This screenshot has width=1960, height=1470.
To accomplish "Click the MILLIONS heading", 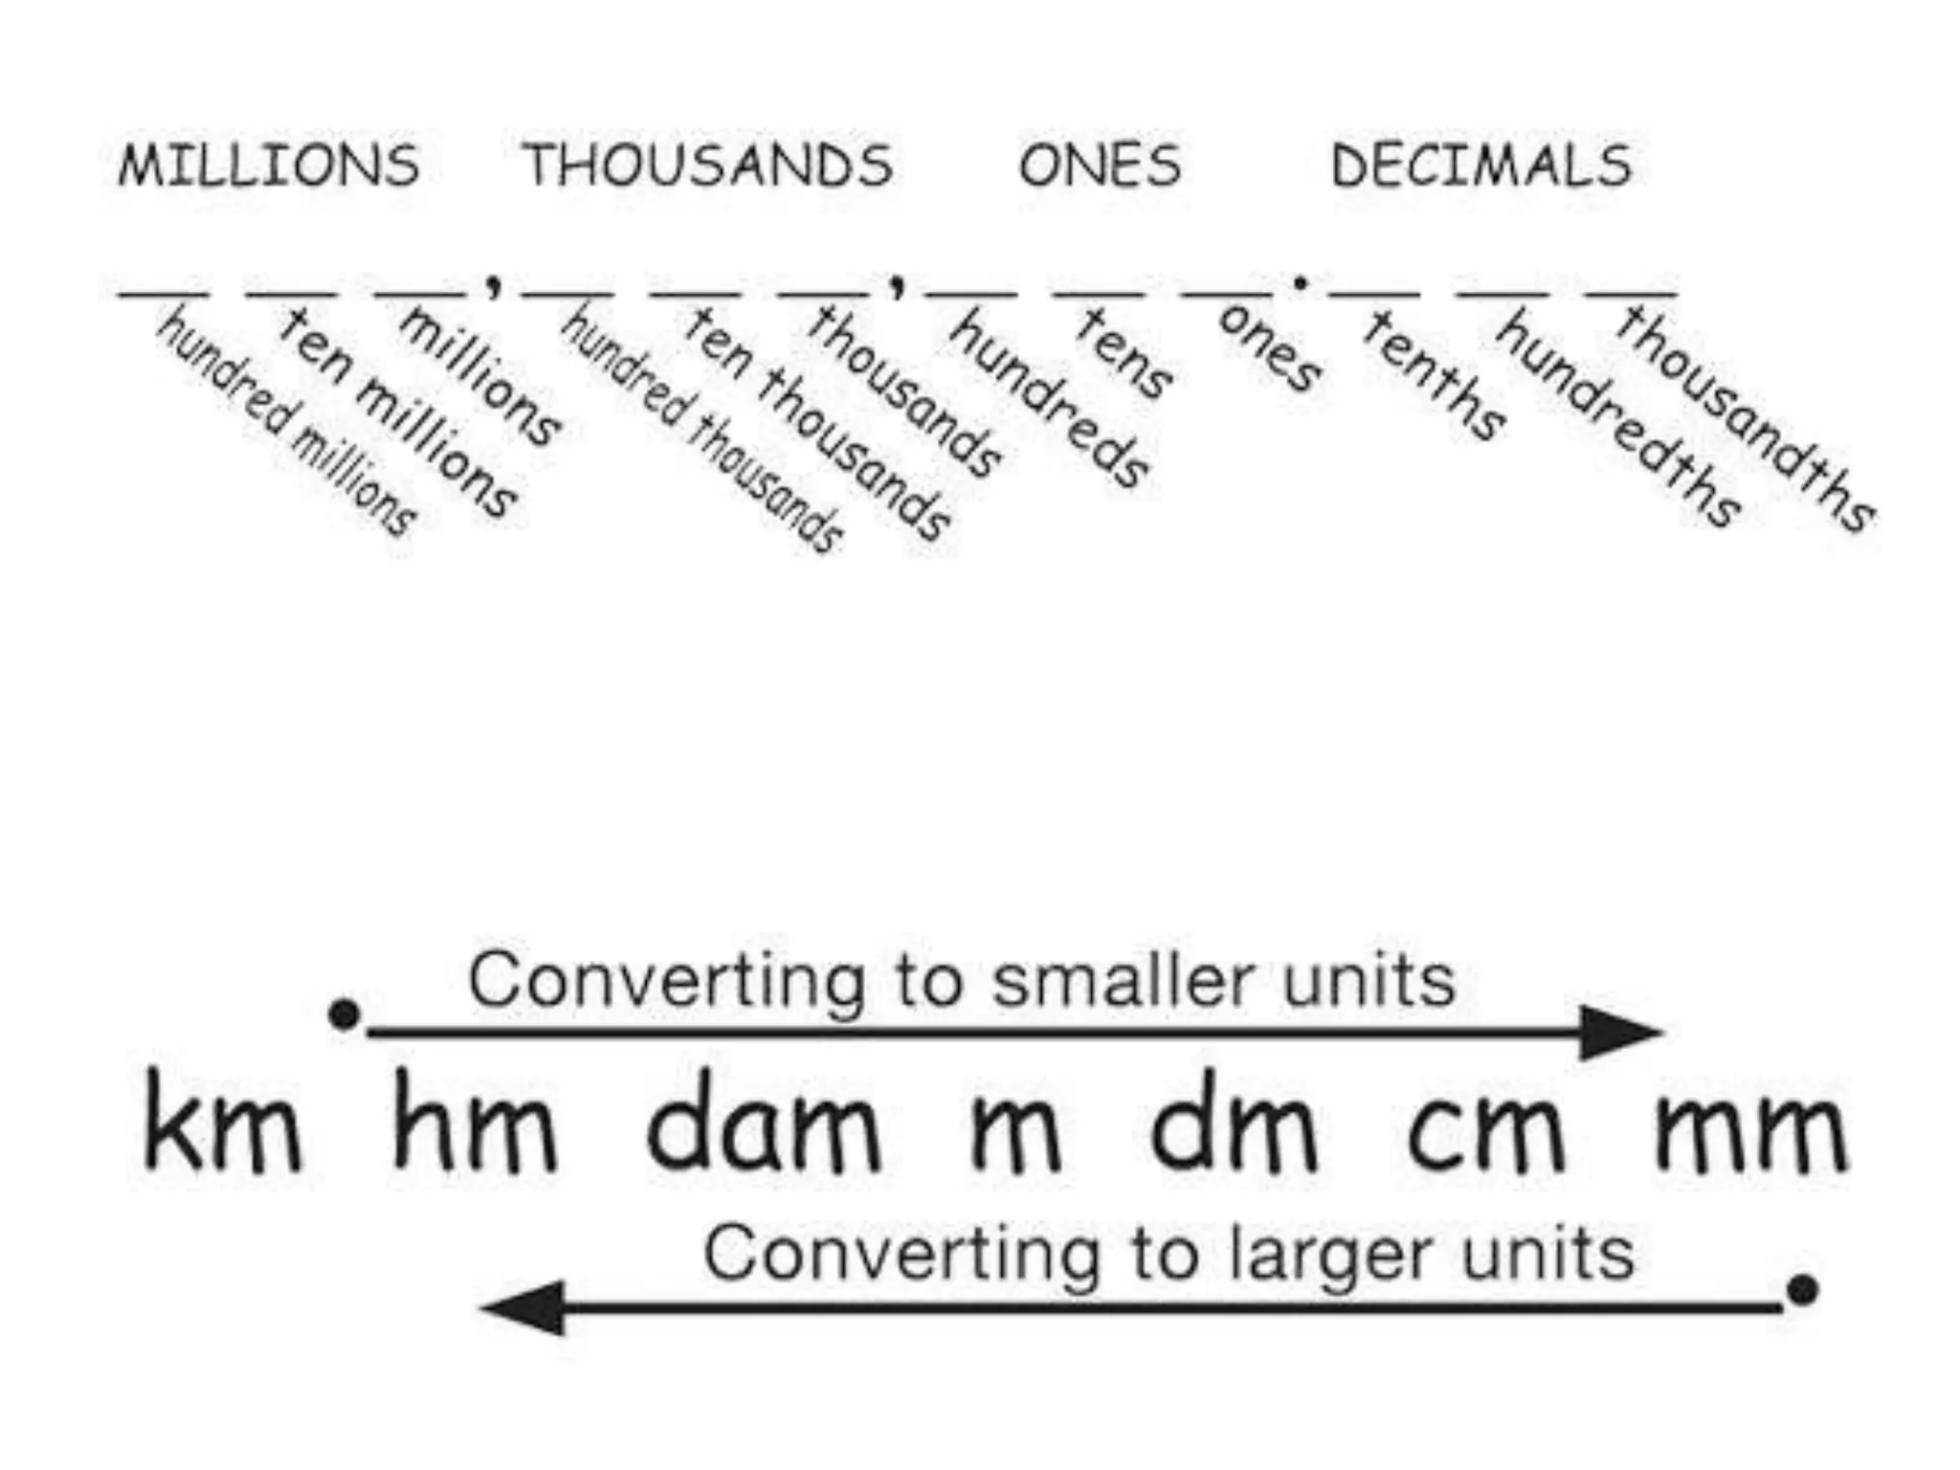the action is [269, 165].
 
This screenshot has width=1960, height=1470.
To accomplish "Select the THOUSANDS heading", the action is [708, 165].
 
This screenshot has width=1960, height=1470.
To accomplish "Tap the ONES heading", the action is [1101, 165].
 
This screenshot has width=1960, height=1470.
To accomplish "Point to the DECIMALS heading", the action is [1481, 165].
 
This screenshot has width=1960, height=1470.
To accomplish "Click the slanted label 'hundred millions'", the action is [286, 421].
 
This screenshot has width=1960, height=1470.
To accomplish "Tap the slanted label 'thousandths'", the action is [1745, 418].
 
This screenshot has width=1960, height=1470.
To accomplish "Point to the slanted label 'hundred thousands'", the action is [702, 430].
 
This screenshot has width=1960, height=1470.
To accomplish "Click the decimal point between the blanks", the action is [1300, 283].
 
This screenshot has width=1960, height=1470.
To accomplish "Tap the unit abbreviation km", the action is [222, 1122].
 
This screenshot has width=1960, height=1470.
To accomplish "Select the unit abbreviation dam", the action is [763, 1122].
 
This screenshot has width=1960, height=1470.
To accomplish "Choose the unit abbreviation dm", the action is [1234, 1122].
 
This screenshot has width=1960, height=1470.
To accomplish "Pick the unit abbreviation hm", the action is [474, 1122].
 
